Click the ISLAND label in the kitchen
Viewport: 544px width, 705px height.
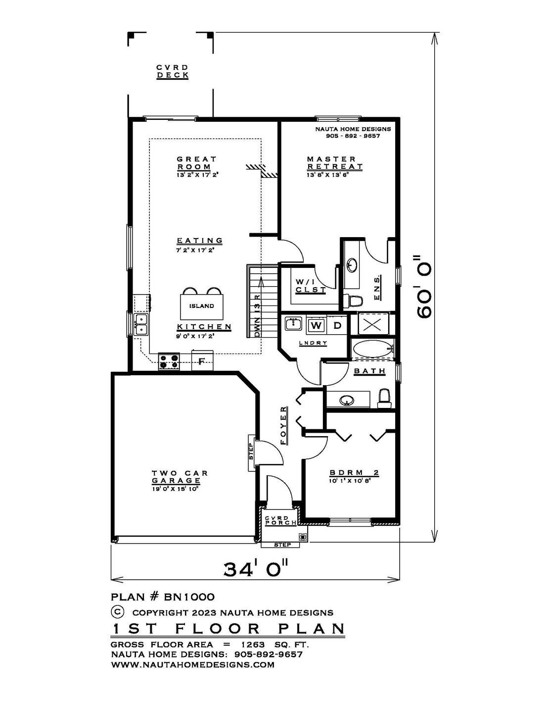click(x=202, y=306)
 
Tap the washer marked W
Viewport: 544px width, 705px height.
click(x=316, y=325)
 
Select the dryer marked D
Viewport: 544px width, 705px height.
click(x=337, y=325)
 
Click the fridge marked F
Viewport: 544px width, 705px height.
click(x=202, y=361)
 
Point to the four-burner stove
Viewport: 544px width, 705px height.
click(x=169, y=361)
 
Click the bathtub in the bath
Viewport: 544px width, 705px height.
click(x=372, y=349)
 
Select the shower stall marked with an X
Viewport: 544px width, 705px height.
click(x=371, y=324)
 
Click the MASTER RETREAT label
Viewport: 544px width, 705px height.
click(x=335, y=163)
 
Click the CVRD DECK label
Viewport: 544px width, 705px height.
click(x=173, y=72)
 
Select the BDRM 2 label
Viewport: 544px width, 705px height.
click(x=354, y=473)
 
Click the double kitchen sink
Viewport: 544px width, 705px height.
click(x=141, y=324)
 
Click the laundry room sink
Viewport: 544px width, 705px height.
click(x=293, y=324)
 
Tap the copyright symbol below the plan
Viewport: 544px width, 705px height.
click(x=118, y=611)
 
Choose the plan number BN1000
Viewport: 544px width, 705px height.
click(x=189, y=596)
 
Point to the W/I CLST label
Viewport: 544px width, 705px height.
click(x=311, y=286)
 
